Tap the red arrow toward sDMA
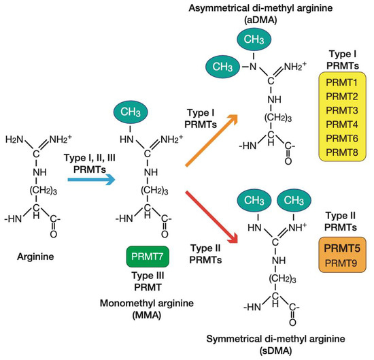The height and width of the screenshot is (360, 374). (x=210, y=218)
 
